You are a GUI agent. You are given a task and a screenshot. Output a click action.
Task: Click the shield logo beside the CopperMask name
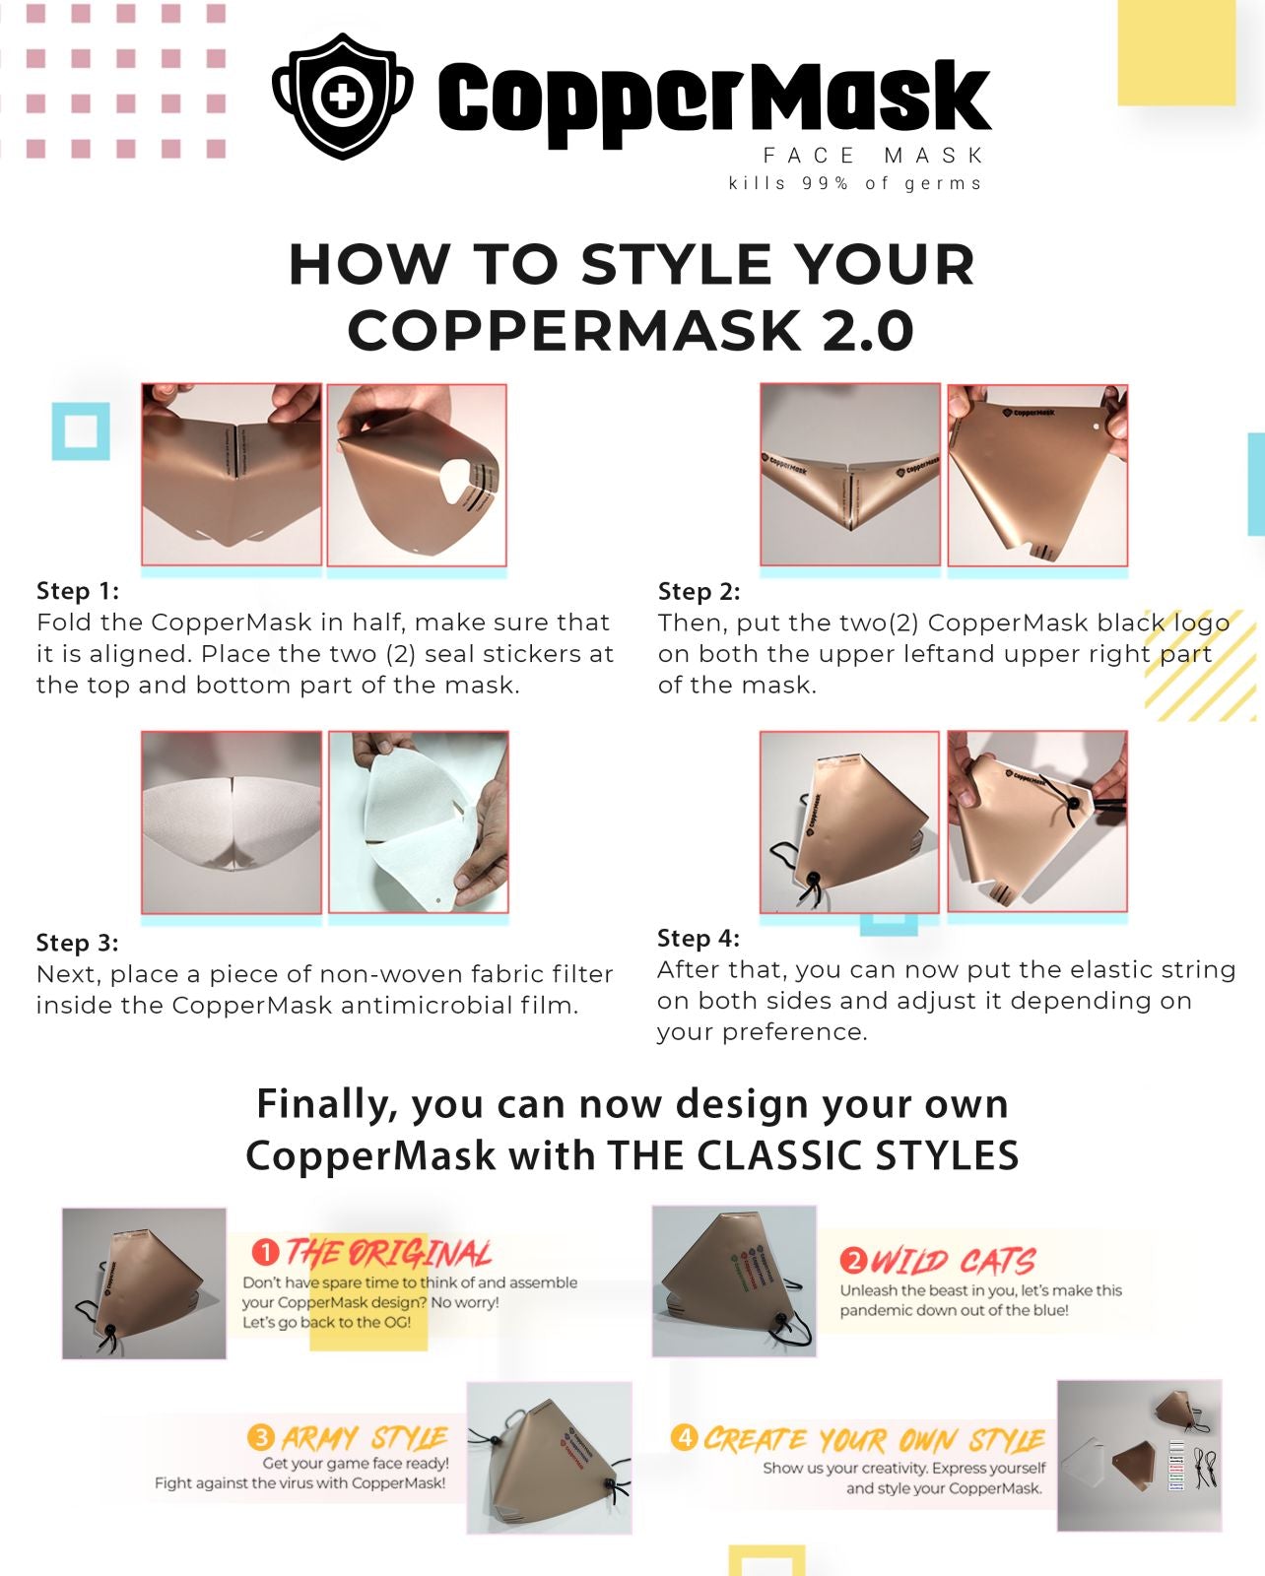(342, 96)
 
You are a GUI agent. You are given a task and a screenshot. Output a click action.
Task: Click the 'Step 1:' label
(78, 591)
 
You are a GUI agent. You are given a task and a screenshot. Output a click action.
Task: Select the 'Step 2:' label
(699, 591)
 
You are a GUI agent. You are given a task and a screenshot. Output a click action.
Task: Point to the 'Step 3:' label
(78, 943)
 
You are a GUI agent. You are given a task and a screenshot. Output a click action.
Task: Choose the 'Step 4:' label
(699, 938)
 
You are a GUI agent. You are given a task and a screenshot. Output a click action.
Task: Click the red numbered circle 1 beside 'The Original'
(265, 1252)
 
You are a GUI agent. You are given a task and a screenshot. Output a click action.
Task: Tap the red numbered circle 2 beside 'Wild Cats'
(853, 1261)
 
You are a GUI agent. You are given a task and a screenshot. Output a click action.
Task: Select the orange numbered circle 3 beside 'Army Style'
(261, 1437)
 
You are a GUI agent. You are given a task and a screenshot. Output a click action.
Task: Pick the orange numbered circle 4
(684, 1437)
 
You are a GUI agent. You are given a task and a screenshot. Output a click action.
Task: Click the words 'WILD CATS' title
(953, 1261)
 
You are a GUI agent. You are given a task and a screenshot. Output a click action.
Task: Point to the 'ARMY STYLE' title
(365, 1437)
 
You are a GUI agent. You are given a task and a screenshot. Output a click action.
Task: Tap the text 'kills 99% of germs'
(854, 183)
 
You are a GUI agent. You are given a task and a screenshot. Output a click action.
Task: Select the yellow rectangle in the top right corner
(1176, 53)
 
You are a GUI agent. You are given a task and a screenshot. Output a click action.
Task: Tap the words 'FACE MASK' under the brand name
(873, 156)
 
